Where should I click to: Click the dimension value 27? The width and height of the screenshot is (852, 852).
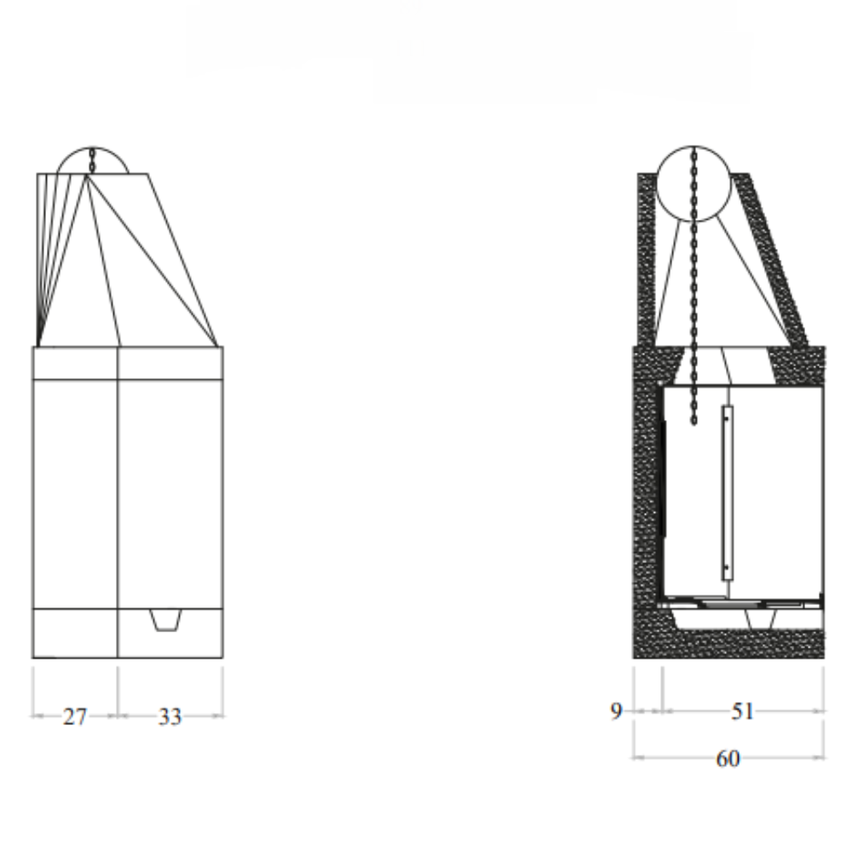(74, 717)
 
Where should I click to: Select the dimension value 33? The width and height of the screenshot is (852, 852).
(170, 717)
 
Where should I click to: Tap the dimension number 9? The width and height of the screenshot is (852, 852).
(617, 711)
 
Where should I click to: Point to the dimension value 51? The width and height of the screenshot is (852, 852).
(743, 711)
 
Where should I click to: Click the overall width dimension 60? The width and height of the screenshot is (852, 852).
(728, 758)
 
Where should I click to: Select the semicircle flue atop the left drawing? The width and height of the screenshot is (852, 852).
(94, 162)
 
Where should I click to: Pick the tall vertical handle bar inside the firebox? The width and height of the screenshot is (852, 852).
(727, 493)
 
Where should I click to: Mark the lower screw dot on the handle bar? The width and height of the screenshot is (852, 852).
(726, 566)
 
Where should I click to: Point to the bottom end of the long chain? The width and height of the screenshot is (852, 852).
(694, 422)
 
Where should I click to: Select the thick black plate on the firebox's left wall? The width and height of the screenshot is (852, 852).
(664, 477)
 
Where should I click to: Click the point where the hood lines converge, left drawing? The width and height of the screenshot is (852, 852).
(87, 176)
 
